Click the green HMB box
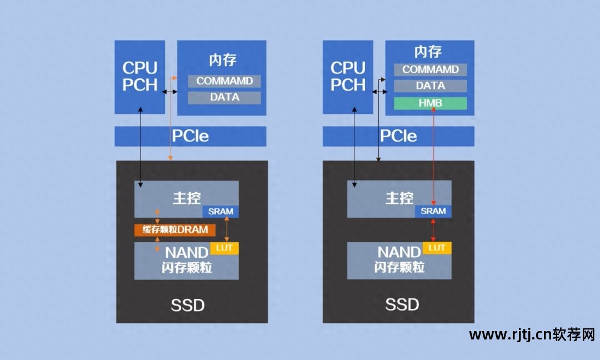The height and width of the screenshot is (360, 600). (431, 103)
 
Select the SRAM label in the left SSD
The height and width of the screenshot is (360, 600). (221, 212)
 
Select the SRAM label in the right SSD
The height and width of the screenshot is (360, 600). (433, 211)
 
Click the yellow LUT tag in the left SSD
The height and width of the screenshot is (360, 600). (224, 248)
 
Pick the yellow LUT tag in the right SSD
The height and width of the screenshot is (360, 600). (437, 248)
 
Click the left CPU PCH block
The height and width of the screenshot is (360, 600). (140, 77)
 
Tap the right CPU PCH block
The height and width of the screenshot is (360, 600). (348, 77)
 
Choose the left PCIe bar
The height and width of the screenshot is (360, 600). (190, 136)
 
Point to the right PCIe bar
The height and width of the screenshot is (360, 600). (398, 136)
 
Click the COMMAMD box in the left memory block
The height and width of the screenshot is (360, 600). (224, 81)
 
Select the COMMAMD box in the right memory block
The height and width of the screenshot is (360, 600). (431, 70)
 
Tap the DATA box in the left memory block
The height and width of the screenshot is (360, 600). (224, 98)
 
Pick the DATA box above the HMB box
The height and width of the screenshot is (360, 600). (431, 86)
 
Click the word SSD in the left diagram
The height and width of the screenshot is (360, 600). (188, 305)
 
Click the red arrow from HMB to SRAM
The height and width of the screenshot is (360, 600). (433, 156)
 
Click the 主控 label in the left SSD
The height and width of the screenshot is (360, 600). (186, 198)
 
